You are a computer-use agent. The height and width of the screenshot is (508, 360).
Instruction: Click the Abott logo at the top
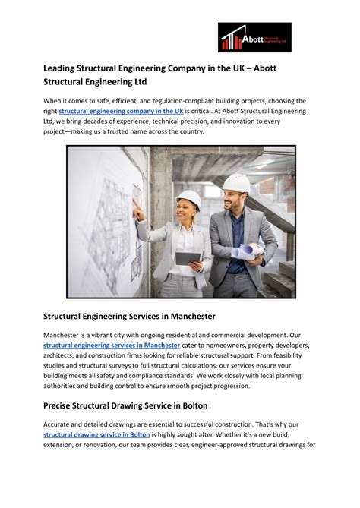pyautogui.click(x=254, y=37)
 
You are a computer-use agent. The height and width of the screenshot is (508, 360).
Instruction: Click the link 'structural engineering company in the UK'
pyautogui.click(x=121, y=111)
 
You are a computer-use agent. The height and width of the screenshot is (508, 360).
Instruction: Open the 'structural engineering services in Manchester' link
pyautogui.click(x=112, y=345)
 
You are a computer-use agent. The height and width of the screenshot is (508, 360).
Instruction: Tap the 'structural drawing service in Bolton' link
pyautogui.click(x=96, y=434)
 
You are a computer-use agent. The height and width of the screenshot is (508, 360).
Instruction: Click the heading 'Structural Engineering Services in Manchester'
pyautogui.click(x=129, y=316)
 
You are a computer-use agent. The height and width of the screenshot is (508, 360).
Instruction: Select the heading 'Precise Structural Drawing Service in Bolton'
pyautogui.click(x=125, y=405)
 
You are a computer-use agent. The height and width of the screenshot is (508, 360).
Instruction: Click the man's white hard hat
pyautogui.click(x=236, y=183)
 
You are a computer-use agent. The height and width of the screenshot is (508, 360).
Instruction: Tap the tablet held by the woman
pyautogui.click(x=188, y=259)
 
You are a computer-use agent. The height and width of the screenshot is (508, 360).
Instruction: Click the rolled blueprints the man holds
pyautogui.click(x=248, y=250)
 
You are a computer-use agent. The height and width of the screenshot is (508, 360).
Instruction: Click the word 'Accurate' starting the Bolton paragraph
pyautogui.click(x=60, y=424)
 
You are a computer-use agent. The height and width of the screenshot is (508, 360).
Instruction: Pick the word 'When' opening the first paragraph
pyautogui.click(x=52, y=101)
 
